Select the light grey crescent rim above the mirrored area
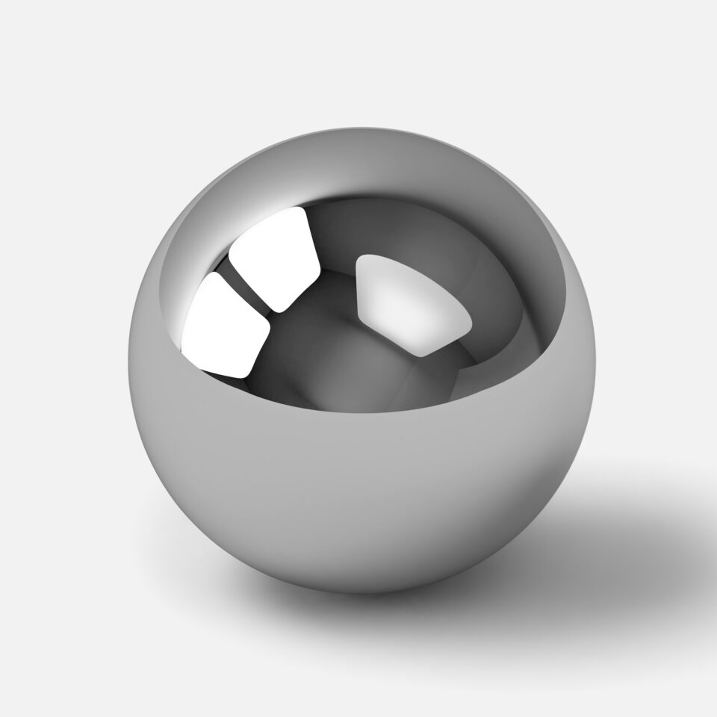click(358, 161)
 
